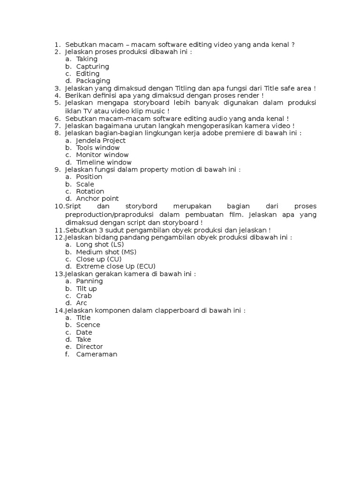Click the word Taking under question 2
[x=87, y=59]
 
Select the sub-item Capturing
[x=92, y=67]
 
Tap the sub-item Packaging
[x=93, y=81]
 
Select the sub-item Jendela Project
[x=101, y=140]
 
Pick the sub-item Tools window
[x=97, y=148]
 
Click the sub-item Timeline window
[x=104, y=162]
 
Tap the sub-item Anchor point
[x=97, y=199]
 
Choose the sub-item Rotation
[x=90, y=191]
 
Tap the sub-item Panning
[x=89, y=281]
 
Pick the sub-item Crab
[x=84, y=296]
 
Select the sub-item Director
[x=89, y=347]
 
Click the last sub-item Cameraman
[x=97, y=354]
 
